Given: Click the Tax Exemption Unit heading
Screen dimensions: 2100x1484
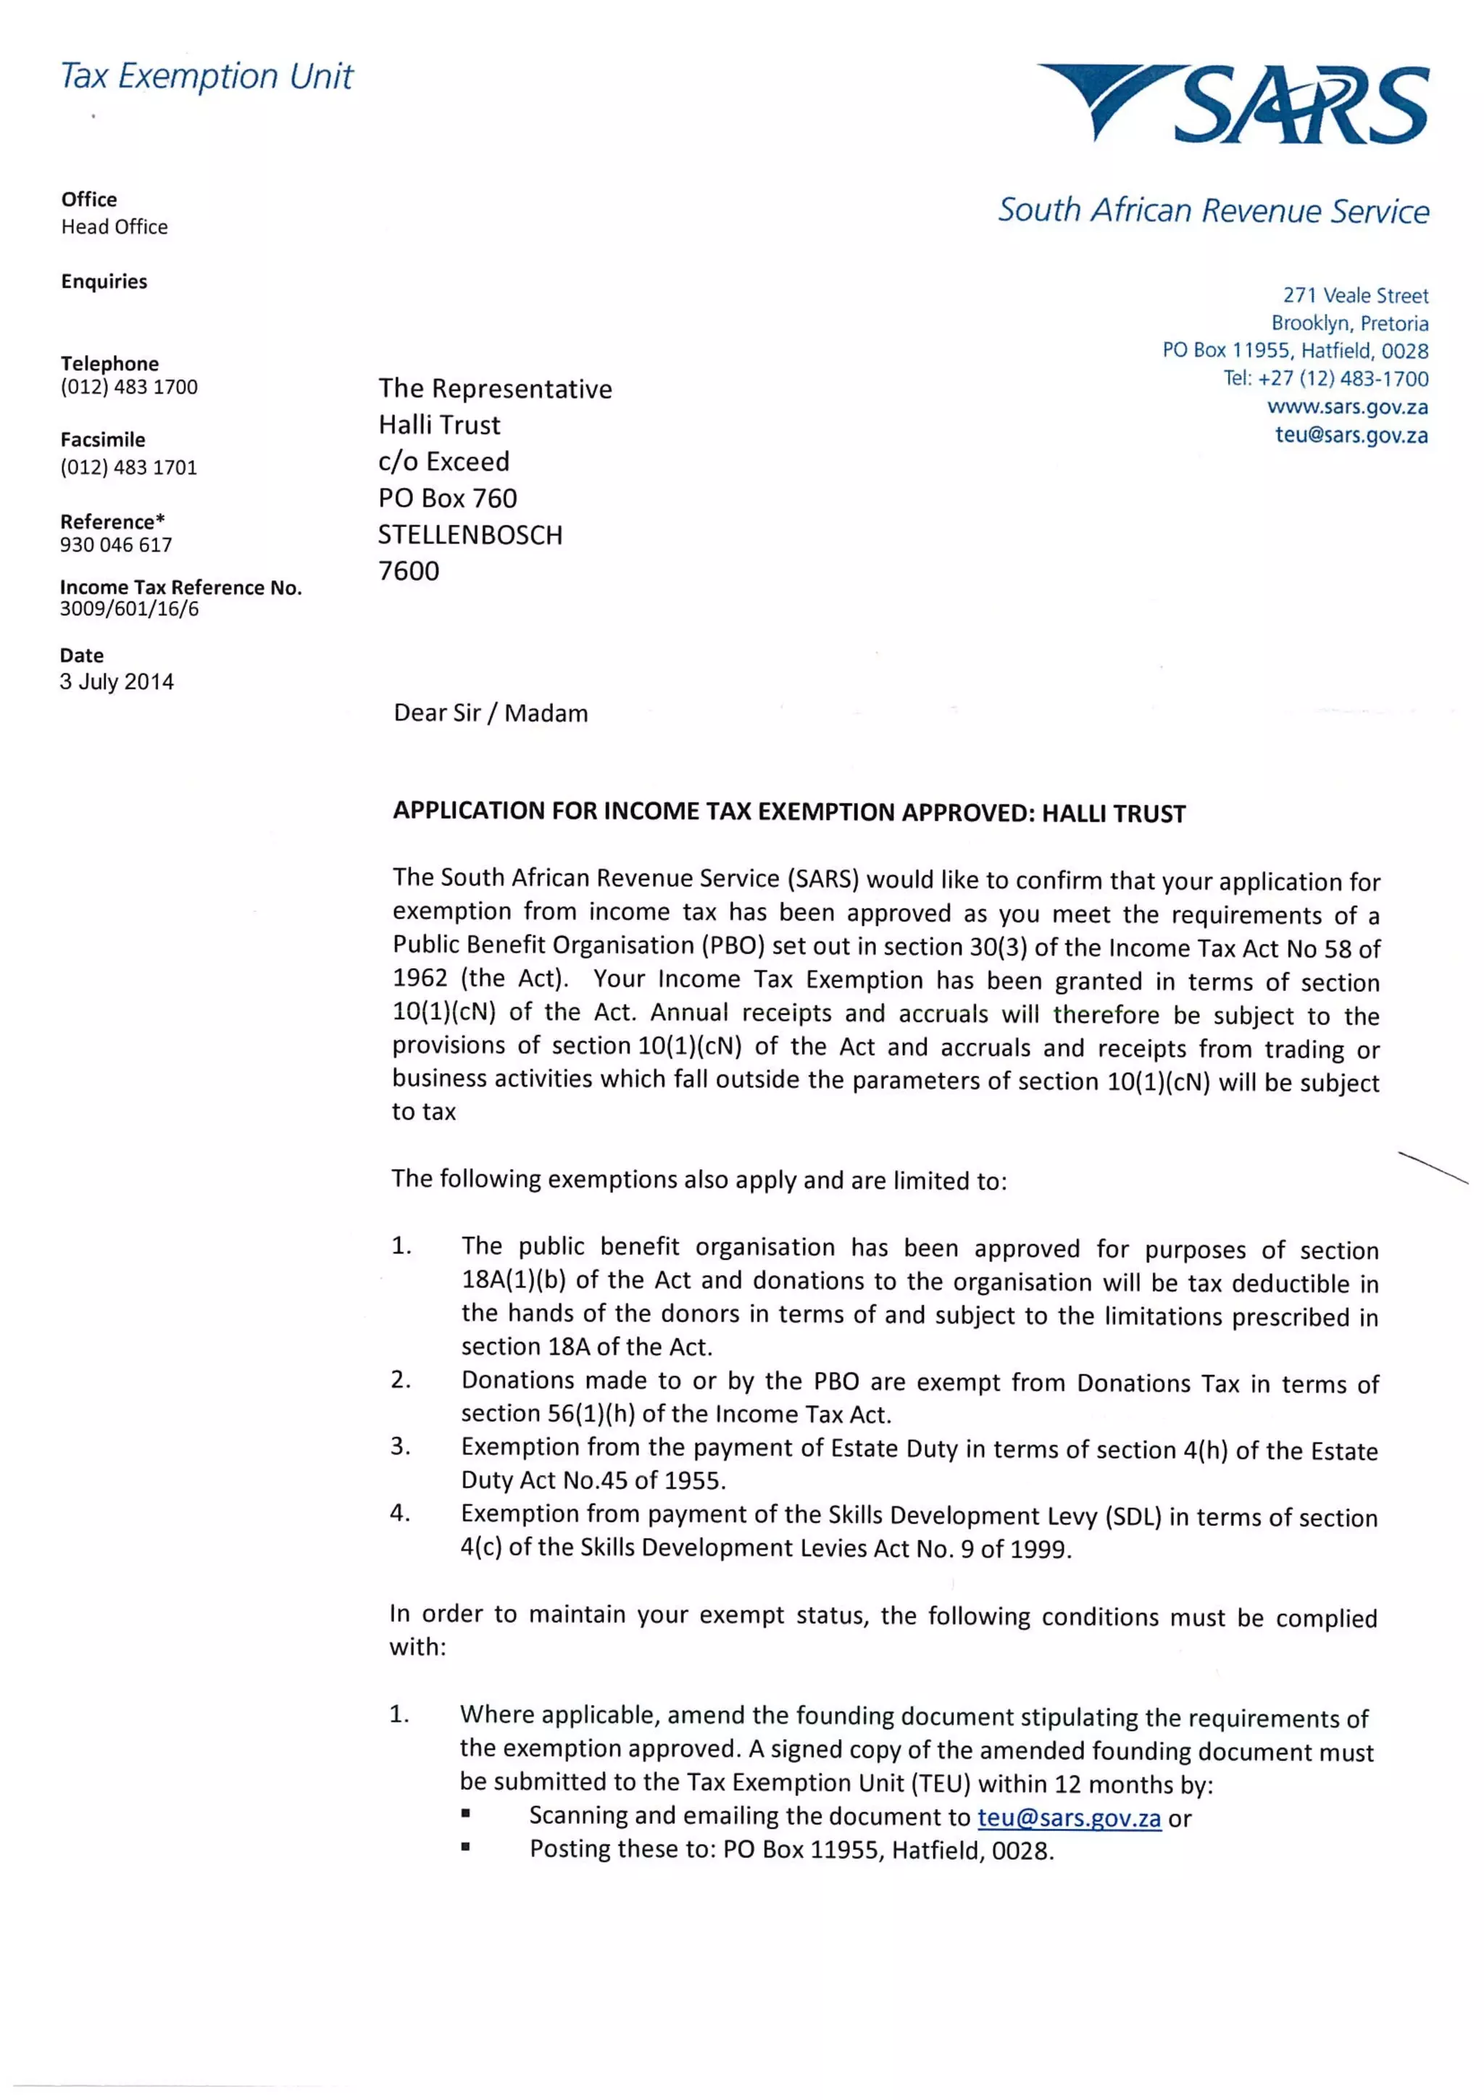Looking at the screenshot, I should (207, 77).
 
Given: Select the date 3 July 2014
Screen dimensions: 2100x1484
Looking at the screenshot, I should (117, 681).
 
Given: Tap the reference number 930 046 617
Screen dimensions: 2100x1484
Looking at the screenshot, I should (116, 545).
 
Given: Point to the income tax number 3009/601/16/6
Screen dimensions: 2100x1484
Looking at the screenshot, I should (129, 609).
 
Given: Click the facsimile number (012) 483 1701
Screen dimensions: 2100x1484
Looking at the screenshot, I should (129, 468).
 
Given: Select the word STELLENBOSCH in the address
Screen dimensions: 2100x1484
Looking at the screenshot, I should (470, 535).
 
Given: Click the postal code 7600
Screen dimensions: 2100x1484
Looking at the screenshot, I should (409, 570).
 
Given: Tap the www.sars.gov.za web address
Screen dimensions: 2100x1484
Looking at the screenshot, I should (1347, 407).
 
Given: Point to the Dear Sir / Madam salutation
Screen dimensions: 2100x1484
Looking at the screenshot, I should (491, 713).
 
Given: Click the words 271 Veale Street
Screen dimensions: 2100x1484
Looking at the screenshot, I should (1355, 296).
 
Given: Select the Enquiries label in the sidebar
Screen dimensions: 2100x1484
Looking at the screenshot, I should (104, 282).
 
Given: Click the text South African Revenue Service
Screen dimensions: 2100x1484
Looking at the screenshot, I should (1213, 210).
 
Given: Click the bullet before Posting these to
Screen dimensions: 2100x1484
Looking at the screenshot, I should (465, 1848).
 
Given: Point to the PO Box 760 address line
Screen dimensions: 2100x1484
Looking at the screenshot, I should (448, 499).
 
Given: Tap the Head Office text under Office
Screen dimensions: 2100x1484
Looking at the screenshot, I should (114, 227).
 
